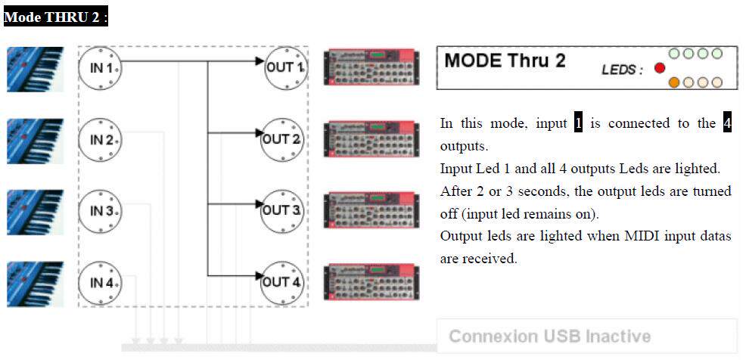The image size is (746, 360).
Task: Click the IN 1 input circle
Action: pos(100,68)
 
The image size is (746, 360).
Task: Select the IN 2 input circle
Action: pos(100,140)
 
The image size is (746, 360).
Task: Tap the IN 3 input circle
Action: pos(100,211)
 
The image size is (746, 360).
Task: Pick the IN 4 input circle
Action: pos(100,283)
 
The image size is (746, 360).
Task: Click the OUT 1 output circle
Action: pos(284,68)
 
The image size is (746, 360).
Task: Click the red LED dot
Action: pos(659,68)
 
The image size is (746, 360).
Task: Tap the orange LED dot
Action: pos(674,82)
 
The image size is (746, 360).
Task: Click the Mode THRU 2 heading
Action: pos(56,17)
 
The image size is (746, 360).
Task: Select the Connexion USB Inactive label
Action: pos(549,337)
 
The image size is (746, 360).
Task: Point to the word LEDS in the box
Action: pos(622,70)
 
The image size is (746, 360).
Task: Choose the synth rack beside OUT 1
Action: pos(371,67)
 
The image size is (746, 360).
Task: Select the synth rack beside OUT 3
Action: pos(371,209)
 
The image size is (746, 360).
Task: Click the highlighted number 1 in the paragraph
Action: pos(579,123)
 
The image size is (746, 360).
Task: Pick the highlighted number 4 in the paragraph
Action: pos(726,123)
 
